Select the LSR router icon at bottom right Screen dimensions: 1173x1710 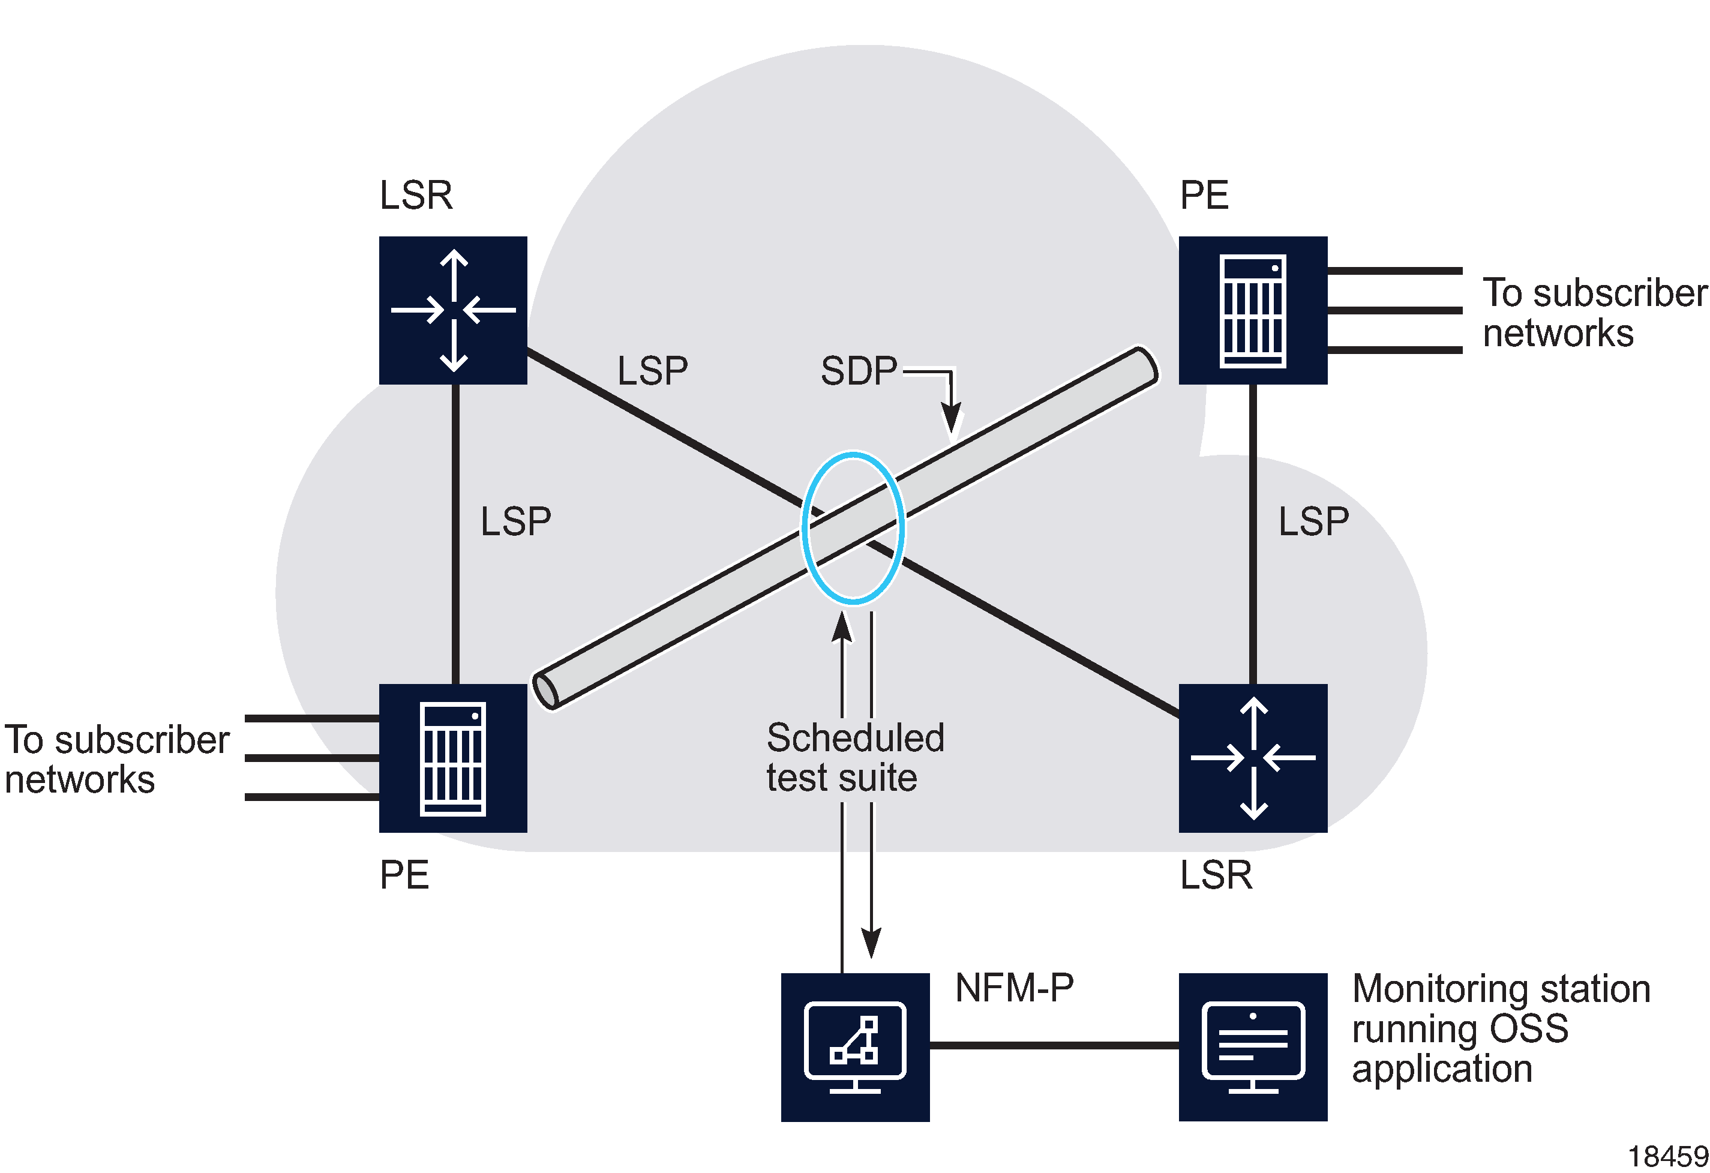click(1252, 758)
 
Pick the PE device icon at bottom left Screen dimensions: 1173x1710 click(452, 758)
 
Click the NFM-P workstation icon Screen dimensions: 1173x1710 click(854, 1046)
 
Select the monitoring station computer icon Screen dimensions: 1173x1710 click(1252, 1046)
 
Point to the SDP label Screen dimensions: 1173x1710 click(858, 371)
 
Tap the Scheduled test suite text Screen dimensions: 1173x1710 click(854, 758)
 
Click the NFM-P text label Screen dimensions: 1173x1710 click(1013, 988)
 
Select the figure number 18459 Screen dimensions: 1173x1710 click(1667, 1157)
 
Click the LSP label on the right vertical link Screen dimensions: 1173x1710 click(1313, 521)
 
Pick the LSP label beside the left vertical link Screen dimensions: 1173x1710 click(515, 521)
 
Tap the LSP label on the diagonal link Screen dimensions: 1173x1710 click(652, 370)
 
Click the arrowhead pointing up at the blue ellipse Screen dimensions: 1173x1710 click(842, 626)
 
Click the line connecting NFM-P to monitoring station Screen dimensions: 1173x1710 click(1054, 1044)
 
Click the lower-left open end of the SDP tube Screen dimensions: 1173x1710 click(545, 691)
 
